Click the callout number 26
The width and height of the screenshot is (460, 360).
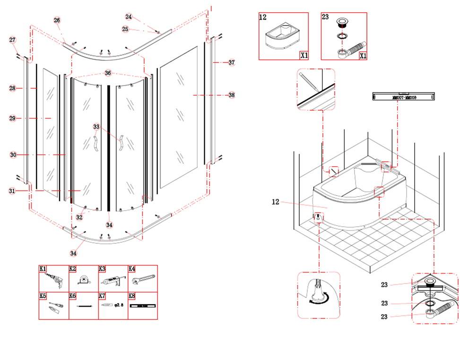coord(57,20)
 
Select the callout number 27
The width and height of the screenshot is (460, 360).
coord(12,40)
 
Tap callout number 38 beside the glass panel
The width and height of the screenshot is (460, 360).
coord(231,95)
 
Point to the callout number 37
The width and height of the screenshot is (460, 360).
coord(231,62)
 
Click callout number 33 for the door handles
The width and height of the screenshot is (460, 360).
coord(96,127)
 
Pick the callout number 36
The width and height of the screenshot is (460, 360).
coord(108,73)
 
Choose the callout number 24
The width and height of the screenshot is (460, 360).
coord(129,17)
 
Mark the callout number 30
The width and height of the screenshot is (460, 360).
coord(13,154)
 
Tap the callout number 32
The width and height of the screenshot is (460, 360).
coord(79,217)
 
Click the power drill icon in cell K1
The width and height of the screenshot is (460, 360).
coord(55,282)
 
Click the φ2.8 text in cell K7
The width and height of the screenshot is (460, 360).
coord(119,306)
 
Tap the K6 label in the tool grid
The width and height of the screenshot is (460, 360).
coord(73,296)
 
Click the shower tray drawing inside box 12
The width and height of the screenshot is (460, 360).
coord(282,38)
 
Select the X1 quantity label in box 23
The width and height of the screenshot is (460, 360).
coord(363,55)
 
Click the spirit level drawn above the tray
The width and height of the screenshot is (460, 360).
coord(403,97)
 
